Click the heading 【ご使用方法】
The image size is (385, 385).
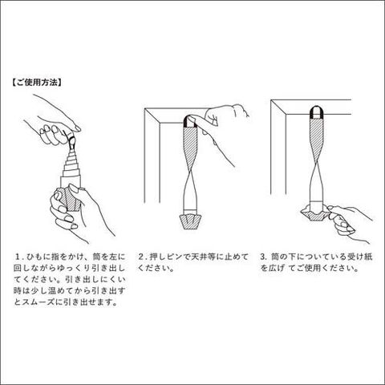(37, 83)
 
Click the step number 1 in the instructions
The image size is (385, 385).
(18, 257)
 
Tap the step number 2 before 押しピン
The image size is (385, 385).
(141, 257)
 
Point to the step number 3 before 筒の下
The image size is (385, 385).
(263, 257)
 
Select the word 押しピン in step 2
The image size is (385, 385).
(166, 257)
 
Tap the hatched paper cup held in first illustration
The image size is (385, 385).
(70, 200)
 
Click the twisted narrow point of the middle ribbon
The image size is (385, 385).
(191, 171)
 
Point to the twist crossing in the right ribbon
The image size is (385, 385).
(317, 166)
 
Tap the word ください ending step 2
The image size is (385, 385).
(155, 268)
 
